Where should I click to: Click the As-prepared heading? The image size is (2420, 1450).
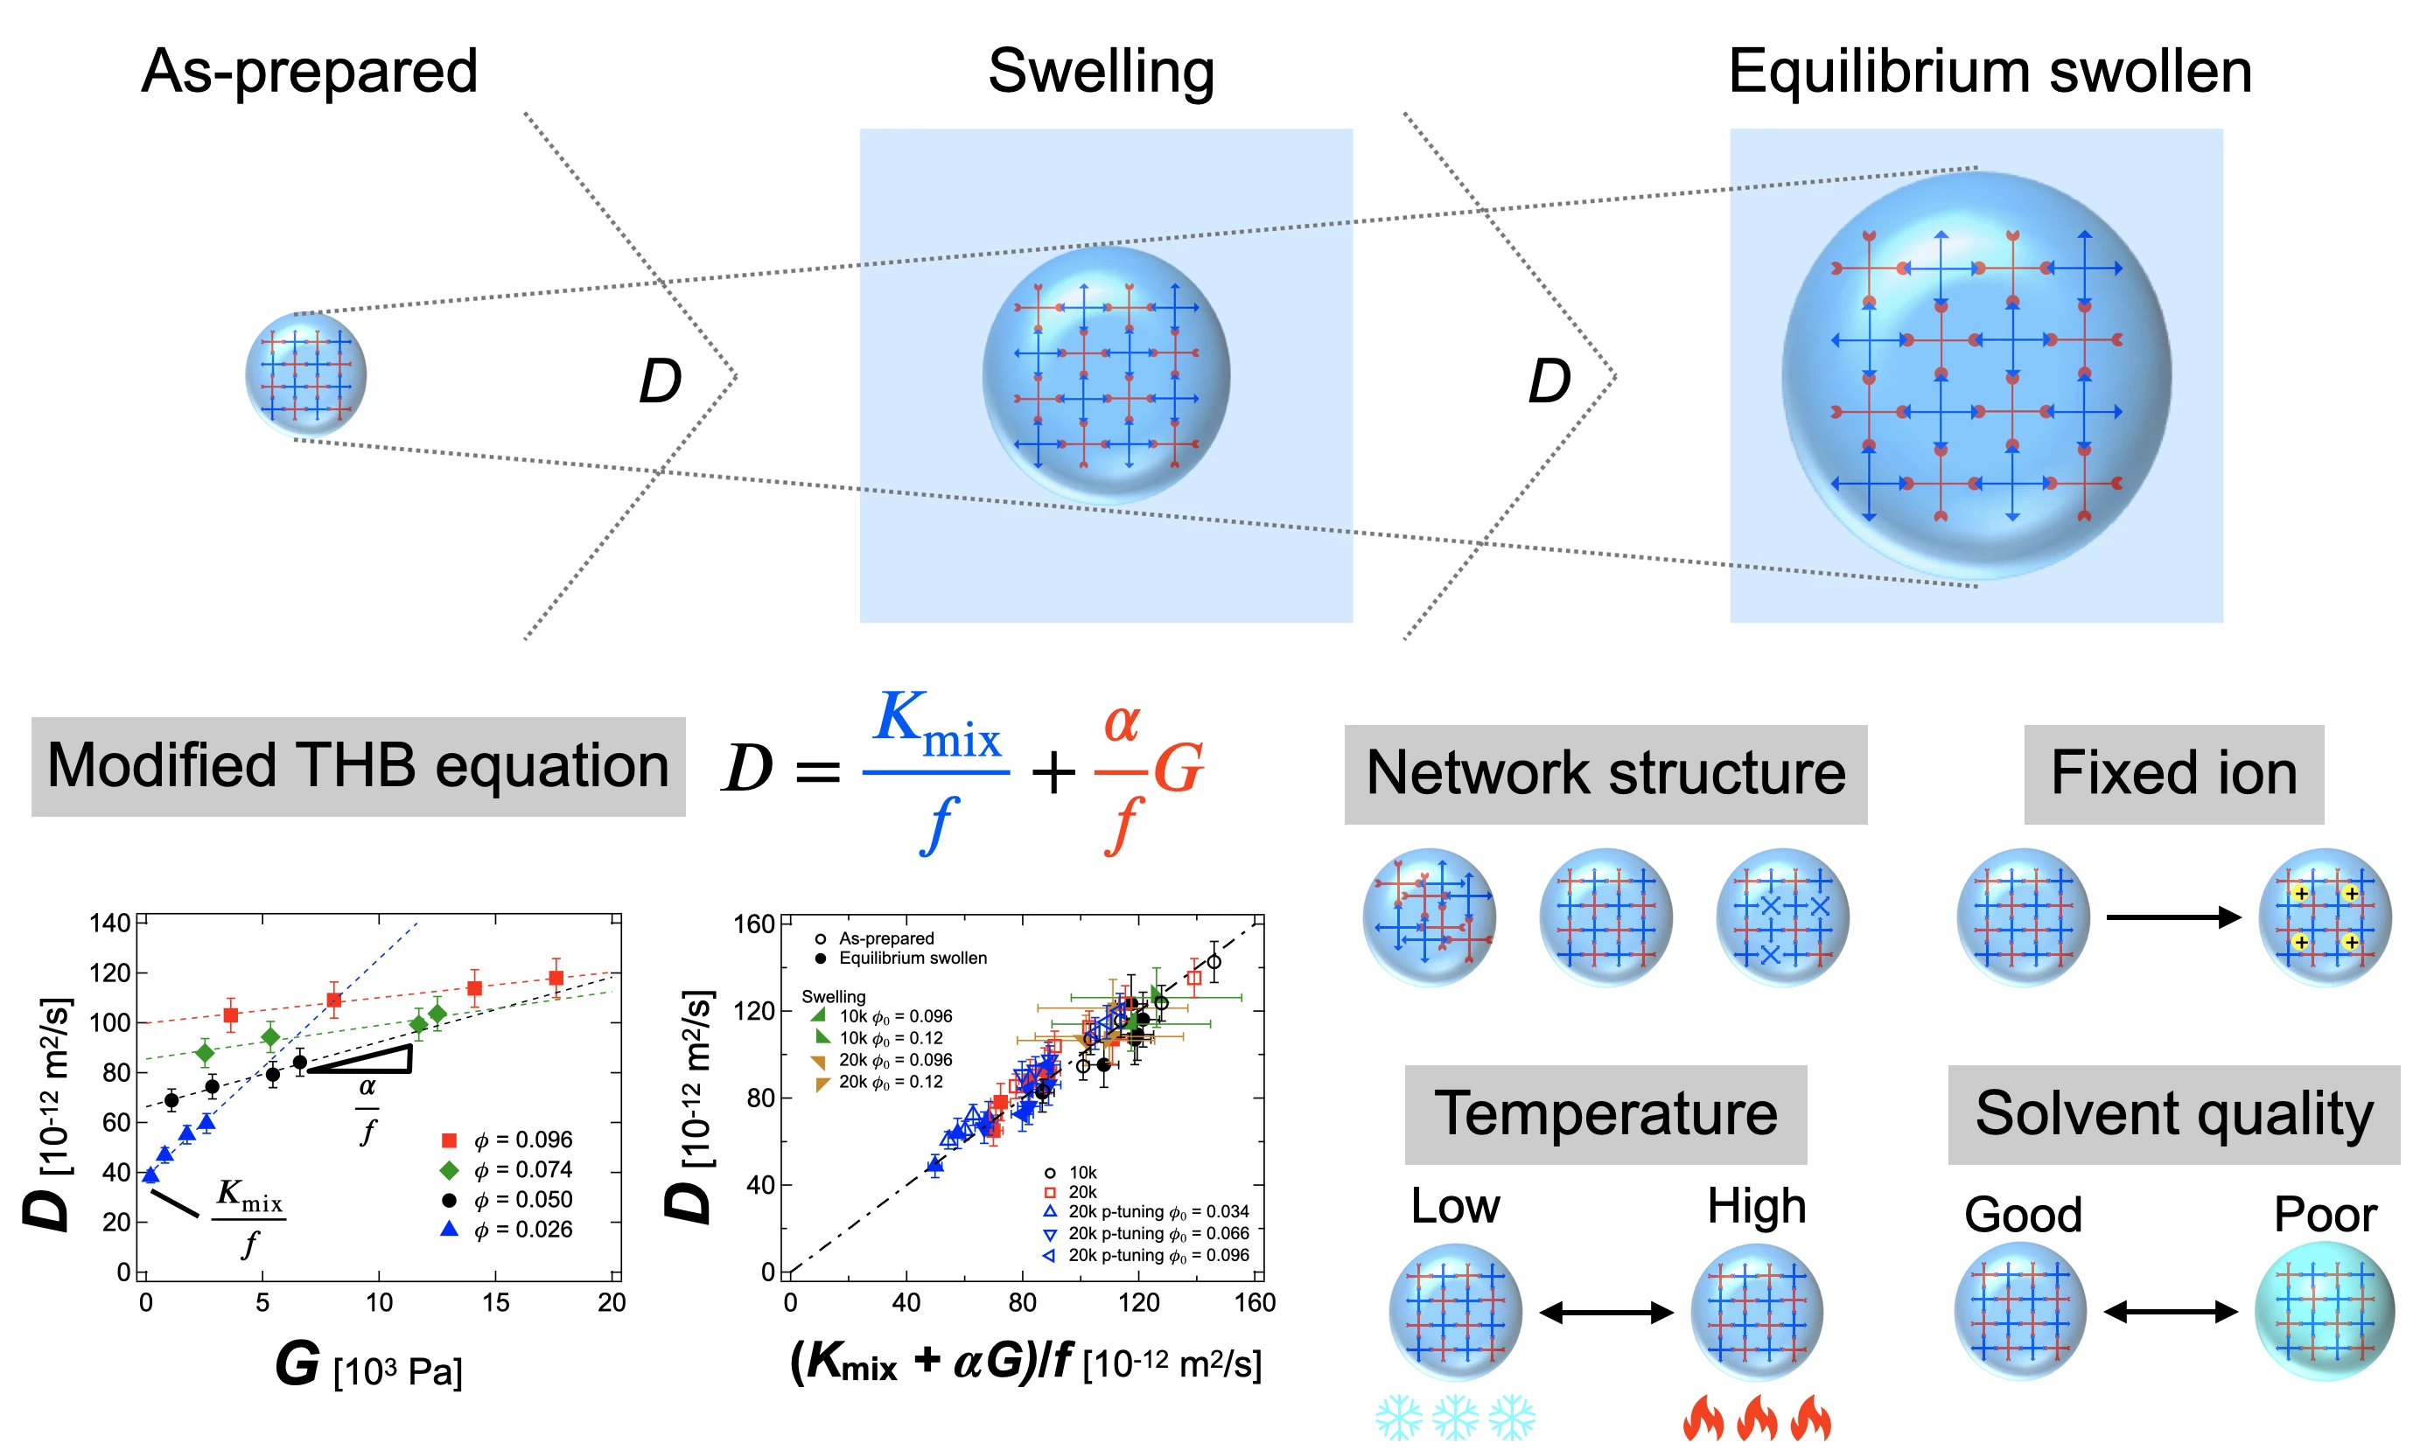(309, 72)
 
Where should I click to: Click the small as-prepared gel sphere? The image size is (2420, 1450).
(306, 375)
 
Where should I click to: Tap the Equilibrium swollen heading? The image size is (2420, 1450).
(1989, 72)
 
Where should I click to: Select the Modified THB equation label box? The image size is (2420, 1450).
(358, 766)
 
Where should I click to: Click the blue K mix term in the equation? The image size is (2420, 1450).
(935, 726)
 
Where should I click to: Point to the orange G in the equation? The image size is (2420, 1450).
(1178, 769)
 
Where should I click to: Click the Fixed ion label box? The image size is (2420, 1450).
(2172, 774)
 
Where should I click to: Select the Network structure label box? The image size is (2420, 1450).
(1605, 774)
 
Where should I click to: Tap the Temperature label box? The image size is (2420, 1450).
(1605, 1114)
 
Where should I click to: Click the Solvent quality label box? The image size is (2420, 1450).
(2172, 1114)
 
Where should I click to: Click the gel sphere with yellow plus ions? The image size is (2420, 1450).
(2325, 917)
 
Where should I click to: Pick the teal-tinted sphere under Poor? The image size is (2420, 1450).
(2325, 1311)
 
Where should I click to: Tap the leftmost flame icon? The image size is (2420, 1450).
(1703, 1419)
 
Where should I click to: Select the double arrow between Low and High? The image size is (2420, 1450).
(1605, 1312)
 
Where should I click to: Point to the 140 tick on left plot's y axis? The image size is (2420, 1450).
(109, 924)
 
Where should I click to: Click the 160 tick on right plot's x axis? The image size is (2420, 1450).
(1254, 1302)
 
